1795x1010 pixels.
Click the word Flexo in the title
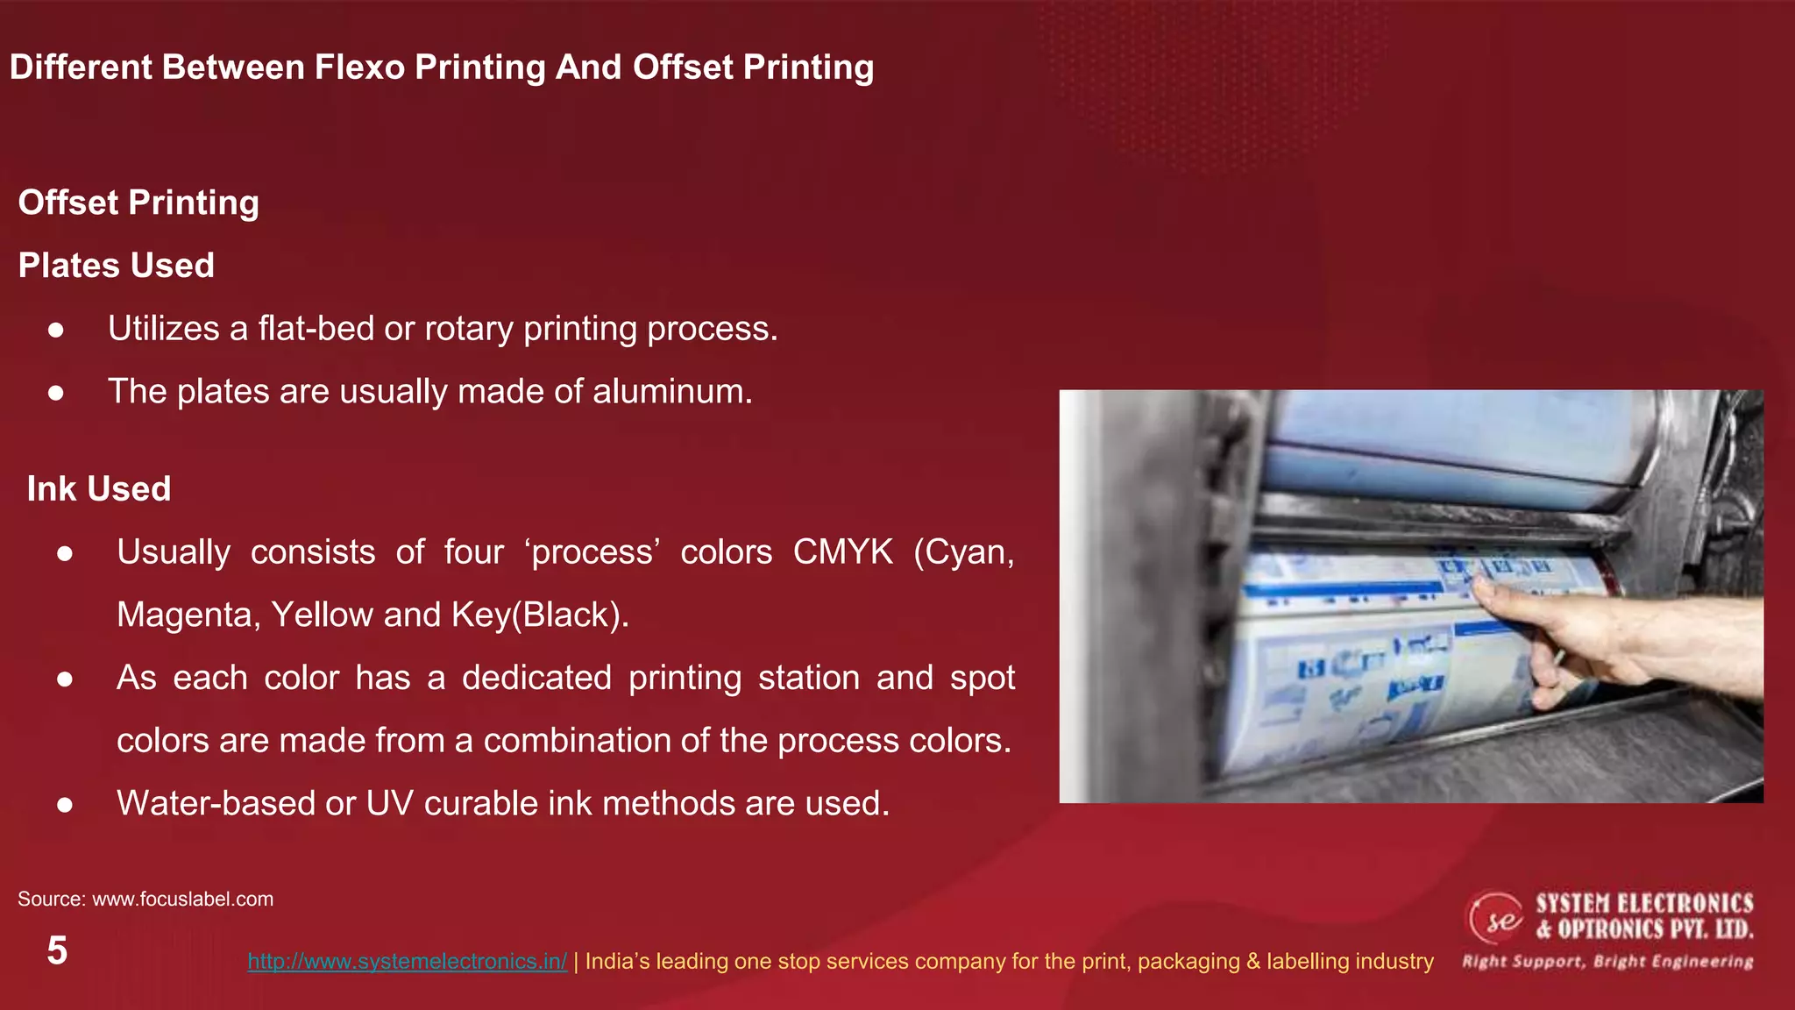[x=359, y=68]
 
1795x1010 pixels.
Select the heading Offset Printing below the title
[x=138, y=203]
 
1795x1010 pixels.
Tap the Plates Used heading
[x=117, y=266]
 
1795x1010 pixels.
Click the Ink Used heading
[x=99, y=489]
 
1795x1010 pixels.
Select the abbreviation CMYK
[x=842, y=552]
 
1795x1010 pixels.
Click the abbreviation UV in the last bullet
[x=389, y=803]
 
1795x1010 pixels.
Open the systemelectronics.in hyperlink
[x=407, y=961]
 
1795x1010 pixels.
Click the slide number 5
[x=57, y=950]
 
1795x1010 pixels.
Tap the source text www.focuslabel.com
[x=182, y=899]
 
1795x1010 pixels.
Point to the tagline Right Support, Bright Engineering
[x=1607, y=962]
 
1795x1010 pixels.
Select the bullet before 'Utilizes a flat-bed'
[x=56, y=330]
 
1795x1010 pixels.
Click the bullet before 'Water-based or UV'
[x=64, y=805]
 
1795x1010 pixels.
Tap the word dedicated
[x=536, y=678]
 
